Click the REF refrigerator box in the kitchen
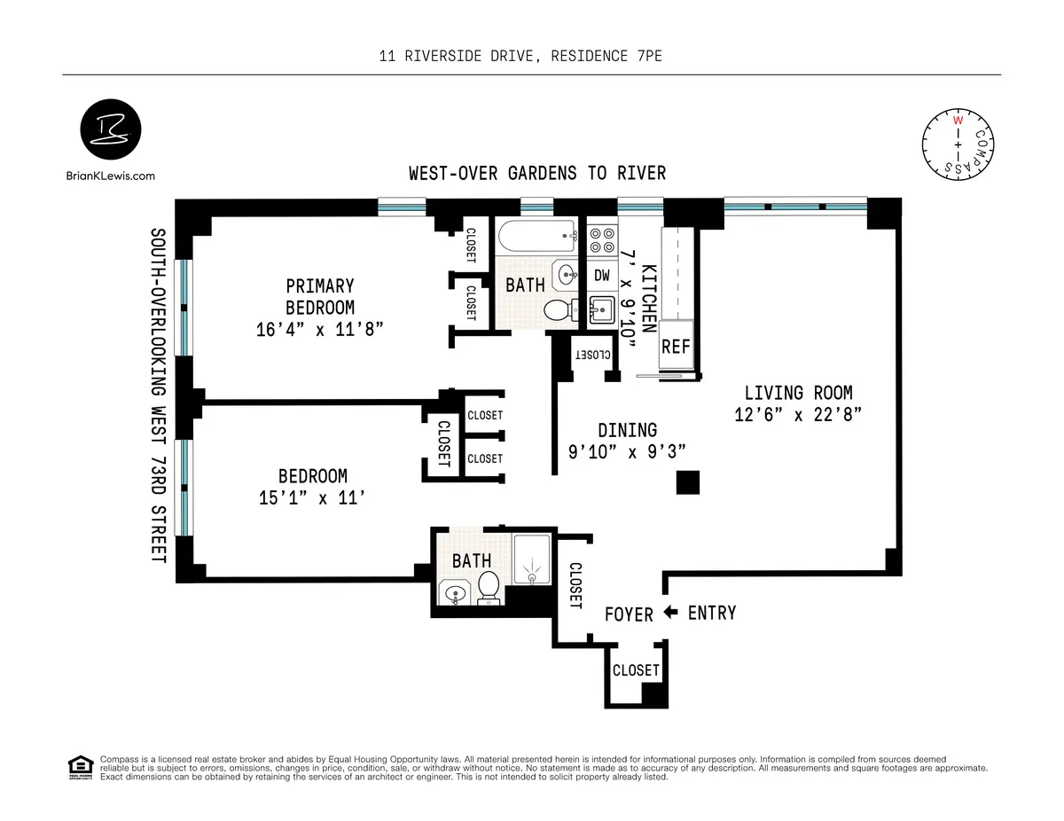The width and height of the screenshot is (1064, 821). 676,347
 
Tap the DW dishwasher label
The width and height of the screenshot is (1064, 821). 602,276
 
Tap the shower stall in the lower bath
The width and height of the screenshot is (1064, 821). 532,559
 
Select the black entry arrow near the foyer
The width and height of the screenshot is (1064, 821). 671,612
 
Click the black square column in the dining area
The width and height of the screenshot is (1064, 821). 688,482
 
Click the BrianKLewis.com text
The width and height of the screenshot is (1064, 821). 111,176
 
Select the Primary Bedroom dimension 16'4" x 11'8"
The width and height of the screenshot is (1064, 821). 320,330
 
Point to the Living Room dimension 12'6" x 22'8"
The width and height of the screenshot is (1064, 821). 798,414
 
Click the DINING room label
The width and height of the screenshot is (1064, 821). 627,430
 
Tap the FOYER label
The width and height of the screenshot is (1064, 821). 630,614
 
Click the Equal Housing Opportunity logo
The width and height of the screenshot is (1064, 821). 81,767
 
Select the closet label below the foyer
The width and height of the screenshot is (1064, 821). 636,670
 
